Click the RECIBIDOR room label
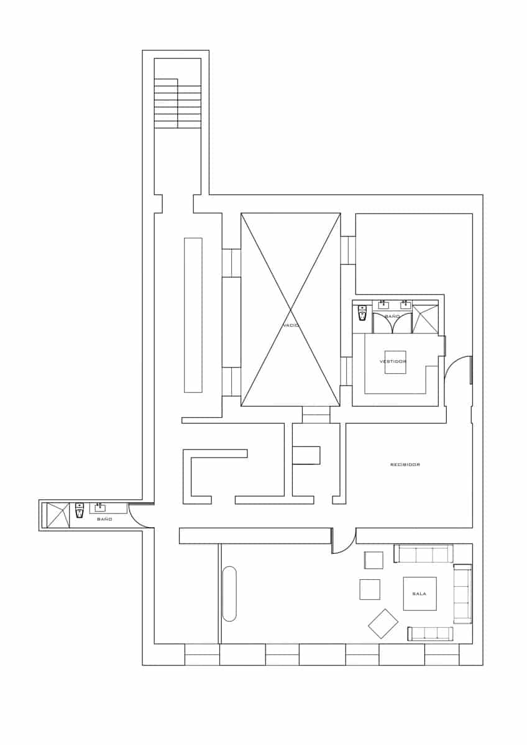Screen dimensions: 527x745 (405, 464)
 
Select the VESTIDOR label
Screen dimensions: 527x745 (393, 361)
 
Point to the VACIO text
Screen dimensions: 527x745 (291, 325)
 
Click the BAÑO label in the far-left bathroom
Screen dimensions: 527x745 (104, 519)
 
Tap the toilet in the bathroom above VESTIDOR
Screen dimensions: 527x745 (362, 313)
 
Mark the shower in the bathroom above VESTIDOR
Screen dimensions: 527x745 (425, 319)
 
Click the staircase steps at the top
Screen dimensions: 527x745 (178, 104)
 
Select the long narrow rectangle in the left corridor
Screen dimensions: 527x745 (193, 315)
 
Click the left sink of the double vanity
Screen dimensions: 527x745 (383, 305)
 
